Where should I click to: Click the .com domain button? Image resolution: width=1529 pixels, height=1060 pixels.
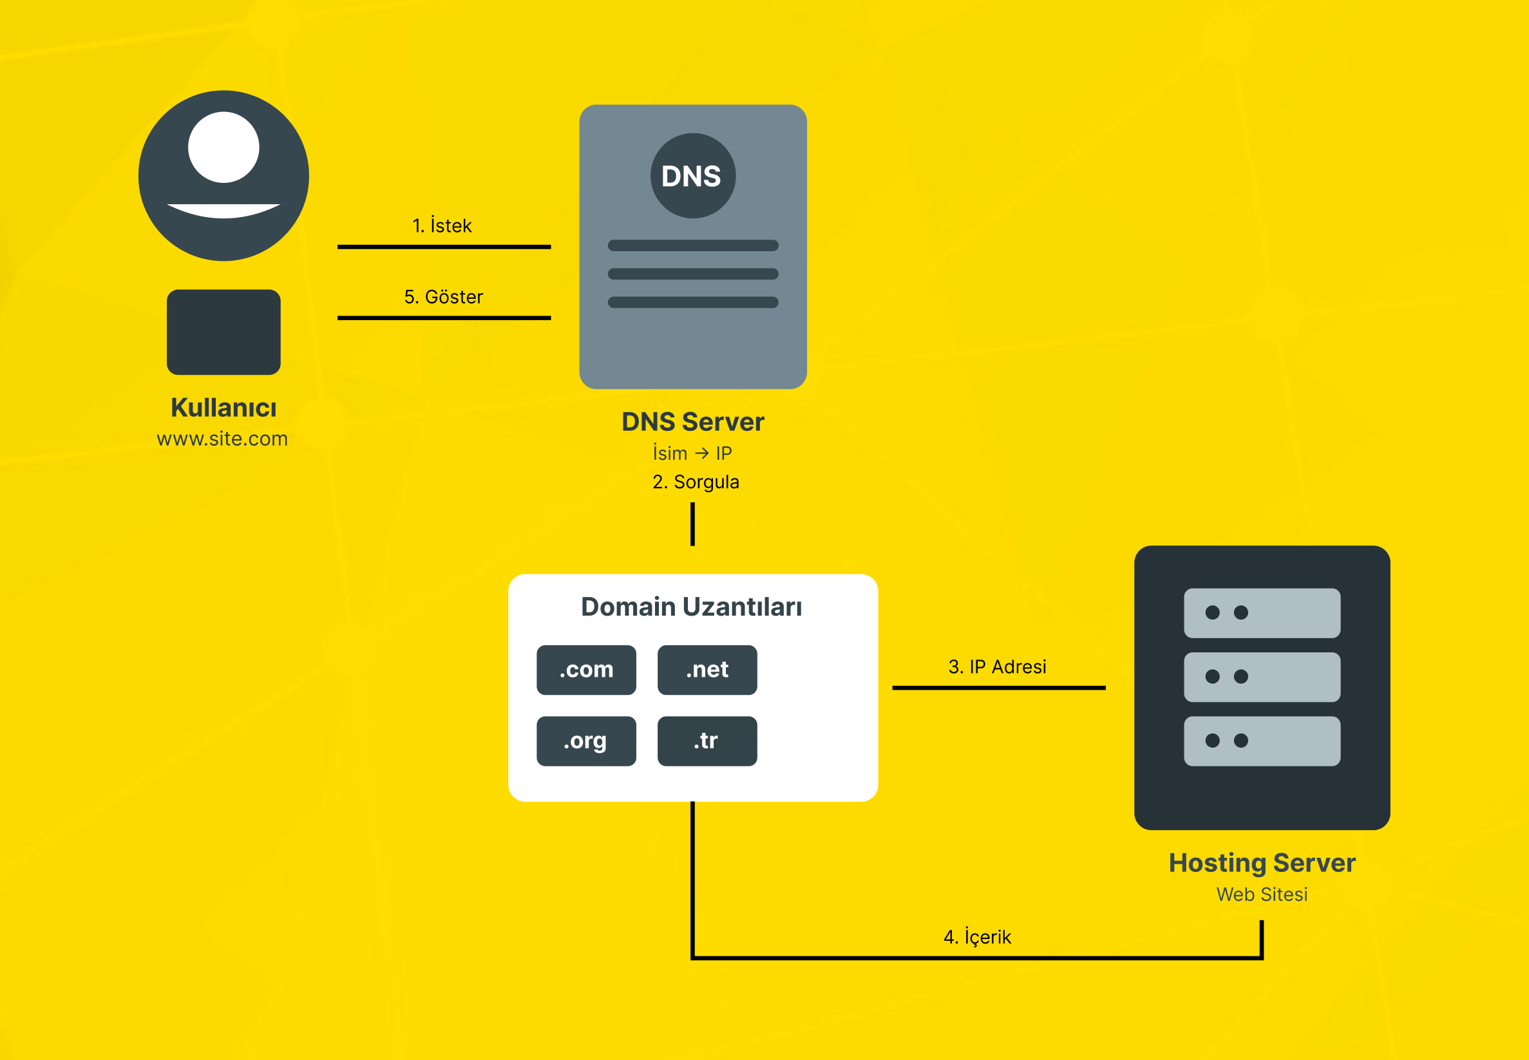pyautogui.click(x=586, y=670)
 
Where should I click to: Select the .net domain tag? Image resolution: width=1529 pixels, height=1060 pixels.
pyautogui.click(x=707, y=670)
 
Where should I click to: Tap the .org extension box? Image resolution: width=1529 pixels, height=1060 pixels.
pyautogui.click(x=586, y=741)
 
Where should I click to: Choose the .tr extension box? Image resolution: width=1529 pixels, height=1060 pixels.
pyautogui.click(x=707, y=741)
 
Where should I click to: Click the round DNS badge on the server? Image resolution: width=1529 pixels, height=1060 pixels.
pyautogui.click(x=692, y=176)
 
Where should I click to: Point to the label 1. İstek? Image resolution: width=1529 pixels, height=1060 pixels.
pyautogui.click(x=442, y=226)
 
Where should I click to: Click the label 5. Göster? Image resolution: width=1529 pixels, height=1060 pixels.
pyautogui.click(x=444, y=297)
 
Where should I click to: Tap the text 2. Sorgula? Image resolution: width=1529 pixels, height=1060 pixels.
pyautogui.click(x=696, y=482)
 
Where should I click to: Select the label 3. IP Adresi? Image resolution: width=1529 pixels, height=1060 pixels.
pyautogui.click(x=997, y=667)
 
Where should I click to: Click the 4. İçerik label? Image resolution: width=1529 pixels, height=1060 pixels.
pyautogui.click(x=977, y=937)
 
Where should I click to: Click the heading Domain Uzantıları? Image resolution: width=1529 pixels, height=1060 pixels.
pyautogui.click(x=692, y=607)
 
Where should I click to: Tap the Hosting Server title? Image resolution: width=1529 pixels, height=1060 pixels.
pyautogui.click(x=1261, y=863)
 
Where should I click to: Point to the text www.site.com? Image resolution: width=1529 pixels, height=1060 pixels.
pyautogui.click(x=222, y=439)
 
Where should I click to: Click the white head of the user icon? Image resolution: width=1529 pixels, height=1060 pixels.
pyautogui.click(x=223, y=147)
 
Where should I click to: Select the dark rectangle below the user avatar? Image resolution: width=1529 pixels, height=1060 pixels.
pyautogui.click(x=223, y=332)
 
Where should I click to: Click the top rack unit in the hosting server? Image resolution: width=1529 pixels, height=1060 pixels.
pyautogui.click(x=1261, y=613)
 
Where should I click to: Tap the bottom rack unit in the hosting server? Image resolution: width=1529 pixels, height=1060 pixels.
pyautogui.click(x=1261, y=741)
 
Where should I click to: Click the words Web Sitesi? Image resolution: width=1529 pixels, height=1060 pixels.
pyautogui.click(x=1261, y=894)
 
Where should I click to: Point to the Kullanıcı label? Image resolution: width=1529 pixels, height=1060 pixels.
pyautogui.click(x=223, y=408)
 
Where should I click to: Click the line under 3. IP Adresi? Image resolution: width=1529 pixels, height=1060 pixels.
pyautogui.click(x=998, y=688)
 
